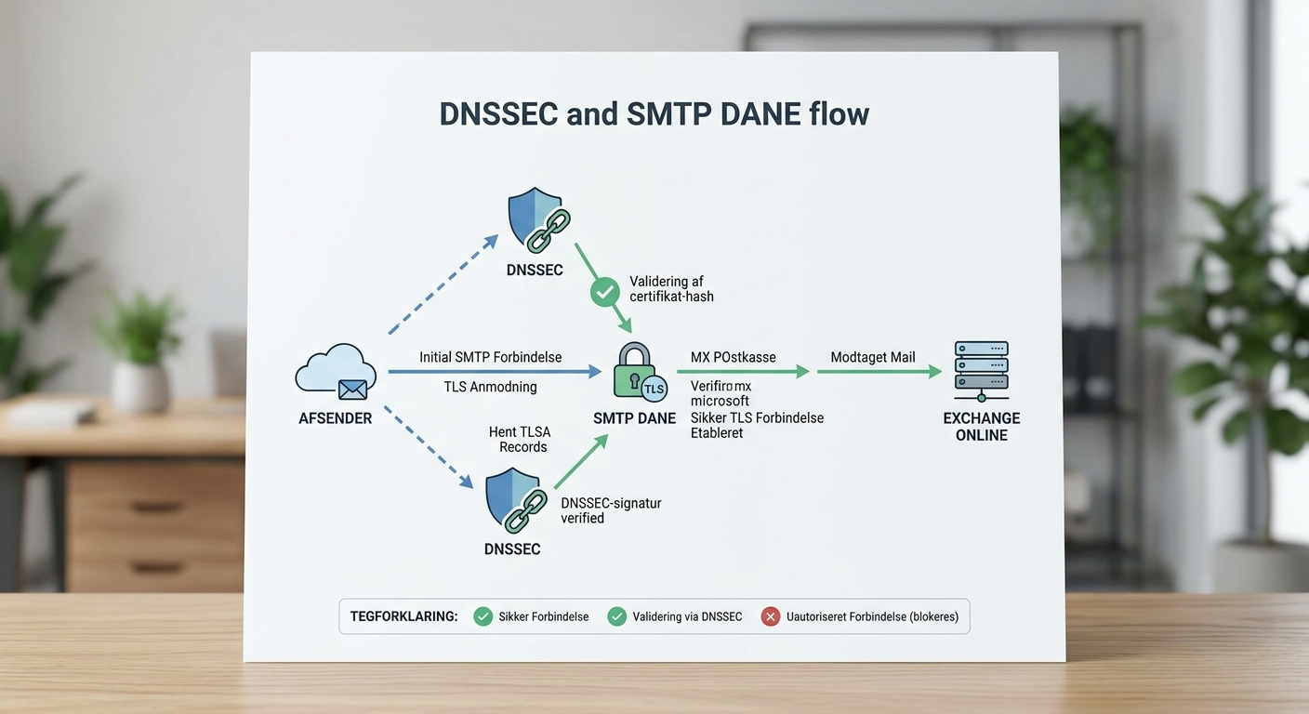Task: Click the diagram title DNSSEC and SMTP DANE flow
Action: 654,114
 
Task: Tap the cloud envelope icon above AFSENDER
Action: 336,373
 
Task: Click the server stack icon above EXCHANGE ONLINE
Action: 981,370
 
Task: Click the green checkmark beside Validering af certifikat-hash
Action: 605,292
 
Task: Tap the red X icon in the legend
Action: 770,616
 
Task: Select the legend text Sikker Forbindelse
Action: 543,616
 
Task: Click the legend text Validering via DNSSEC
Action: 687,616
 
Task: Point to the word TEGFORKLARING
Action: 403,616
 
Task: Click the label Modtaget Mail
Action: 872,357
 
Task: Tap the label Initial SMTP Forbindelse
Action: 490,357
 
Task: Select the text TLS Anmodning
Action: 490,387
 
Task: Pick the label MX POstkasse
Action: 733,357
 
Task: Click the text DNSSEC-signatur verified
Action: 611,510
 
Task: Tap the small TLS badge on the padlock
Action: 654,388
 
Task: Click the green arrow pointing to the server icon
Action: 879,371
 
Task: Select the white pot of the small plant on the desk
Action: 140,385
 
